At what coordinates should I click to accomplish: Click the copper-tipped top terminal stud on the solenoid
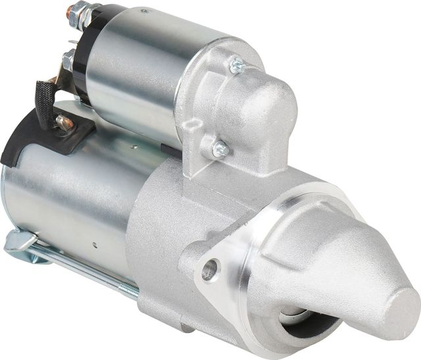tap(70, 9)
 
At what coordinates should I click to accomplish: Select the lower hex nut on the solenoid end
tap(68, 61)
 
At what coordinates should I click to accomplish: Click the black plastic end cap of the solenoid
tap(82, 59)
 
